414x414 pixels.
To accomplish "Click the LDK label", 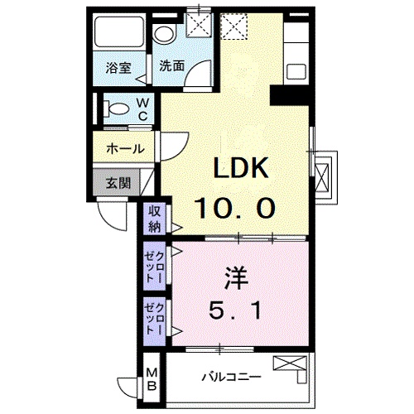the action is click(x=241, y=167).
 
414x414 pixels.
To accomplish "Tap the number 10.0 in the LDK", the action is click(x=235, y=208).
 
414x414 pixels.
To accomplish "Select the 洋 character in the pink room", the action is click(x=237, y=277).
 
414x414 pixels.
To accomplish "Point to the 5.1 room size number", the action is click(x=235, y=310).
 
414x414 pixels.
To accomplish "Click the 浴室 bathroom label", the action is click(x=118, y=68).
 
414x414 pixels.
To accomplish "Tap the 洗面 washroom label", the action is click(x=171, y=66).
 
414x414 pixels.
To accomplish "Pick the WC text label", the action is click(x=142, y=109).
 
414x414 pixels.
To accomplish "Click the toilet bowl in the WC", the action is click(x=117, y=108).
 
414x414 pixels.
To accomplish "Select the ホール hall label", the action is click(x=126, y=149).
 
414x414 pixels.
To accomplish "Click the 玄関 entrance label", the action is click(x=118, y=183).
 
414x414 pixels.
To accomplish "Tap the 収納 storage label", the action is click(x=155, y=219).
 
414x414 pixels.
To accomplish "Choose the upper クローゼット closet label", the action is click(x=155, y=266).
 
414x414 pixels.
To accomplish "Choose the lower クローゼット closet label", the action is click(x=155, y=319).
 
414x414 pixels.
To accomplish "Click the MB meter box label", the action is click(x=152, y=379).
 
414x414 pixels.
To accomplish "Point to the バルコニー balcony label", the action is click(x=231, y=377).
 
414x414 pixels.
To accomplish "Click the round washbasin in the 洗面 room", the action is click(x=164, y=34).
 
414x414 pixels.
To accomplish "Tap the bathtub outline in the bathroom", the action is click(x=119, y=33).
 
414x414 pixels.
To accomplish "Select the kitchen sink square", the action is click(x=296, y=71).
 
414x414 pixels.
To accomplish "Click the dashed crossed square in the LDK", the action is click(x=233, y=26).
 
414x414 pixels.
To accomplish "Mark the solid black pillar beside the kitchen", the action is click(x=289, y=95).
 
